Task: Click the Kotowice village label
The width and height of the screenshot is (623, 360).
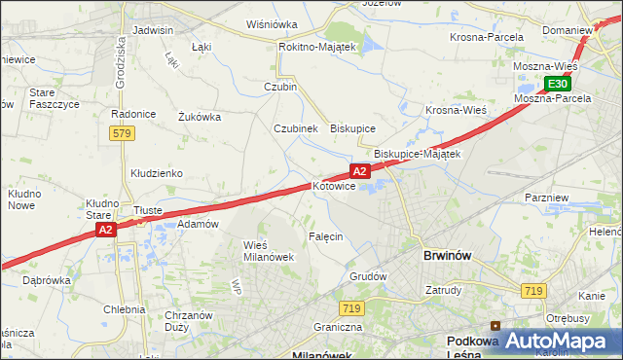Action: tap(334, 186)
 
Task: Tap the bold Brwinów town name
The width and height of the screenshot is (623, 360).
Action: tap(448, 255)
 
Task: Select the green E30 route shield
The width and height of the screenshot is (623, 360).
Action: tap(556, 85)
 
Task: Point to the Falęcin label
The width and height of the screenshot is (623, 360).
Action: tap(325, 236)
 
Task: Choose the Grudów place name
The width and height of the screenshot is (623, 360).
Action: tap(368, 275)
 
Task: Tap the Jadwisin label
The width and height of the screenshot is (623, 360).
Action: tap(152, 30)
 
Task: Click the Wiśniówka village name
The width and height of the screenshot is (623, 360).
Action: tap(272, 24)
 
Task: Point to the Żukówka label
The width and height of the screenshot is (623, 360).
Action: tap(200, 117)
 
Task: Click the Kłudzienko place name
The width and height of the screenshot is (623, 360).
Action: tap(157, 173)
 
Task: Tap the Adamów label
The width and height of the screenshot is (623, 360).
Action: tap(198, 224)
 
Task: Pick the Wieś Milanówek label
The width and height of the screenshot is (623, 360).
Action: tap(268, 250)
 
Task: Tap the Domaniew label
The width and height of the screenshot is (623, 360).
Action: tap(568, 30)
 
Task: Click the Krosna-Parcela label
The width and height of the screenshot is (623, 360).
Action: tap(487, 37)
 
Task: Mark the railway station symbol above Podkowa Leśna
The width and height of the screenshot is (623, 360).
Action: tap(495, 326)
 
